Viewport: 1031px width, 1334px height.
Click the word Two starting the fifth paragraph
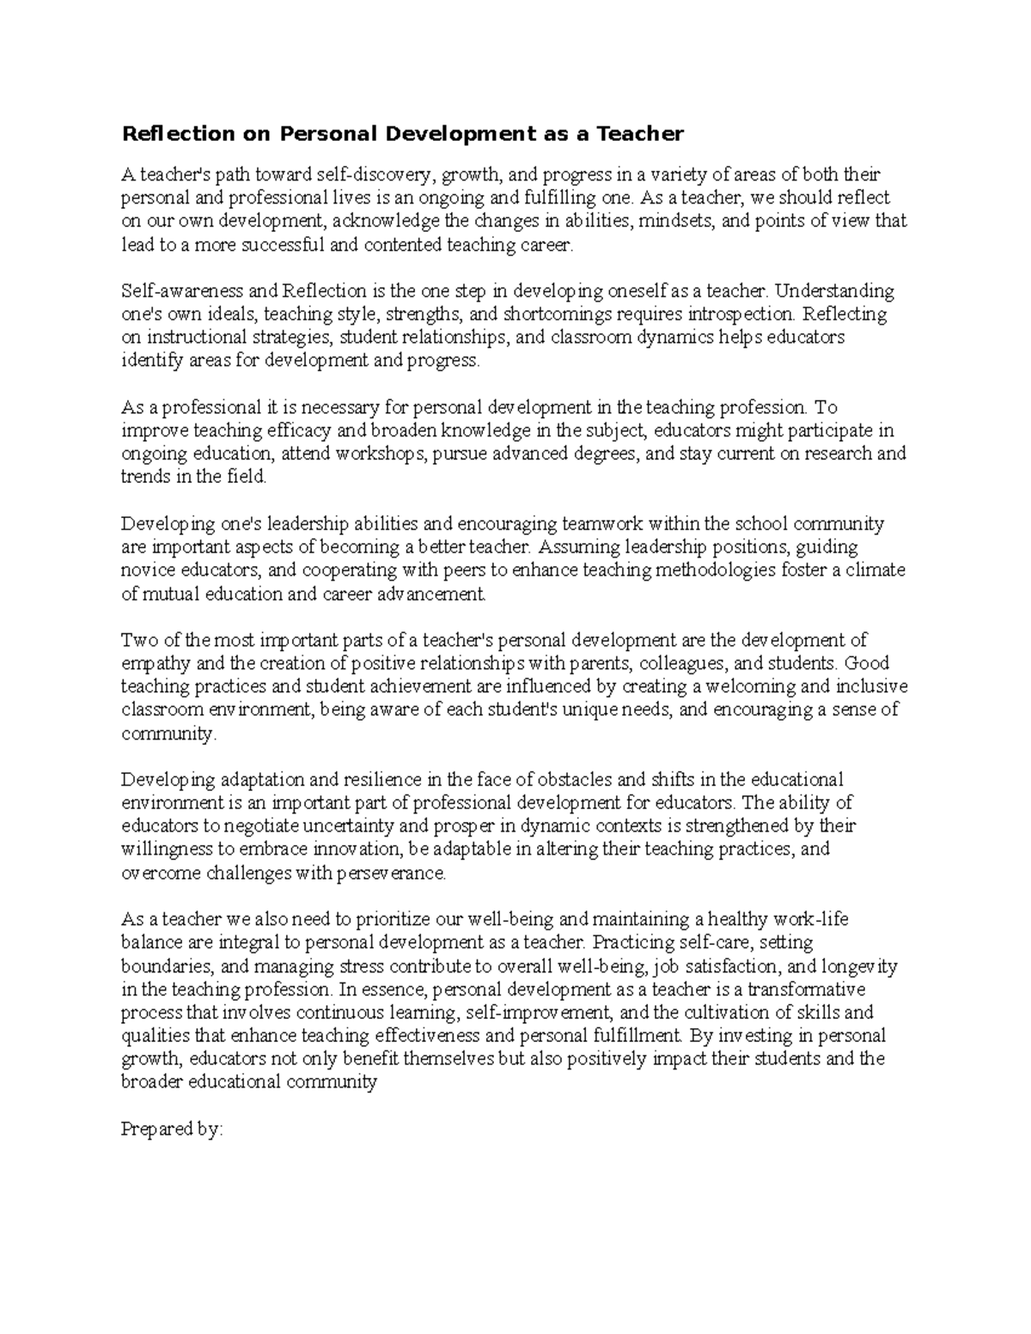click(135, 640)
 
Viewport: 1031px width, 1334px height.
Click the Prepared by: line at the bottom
click(172, 1129)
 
